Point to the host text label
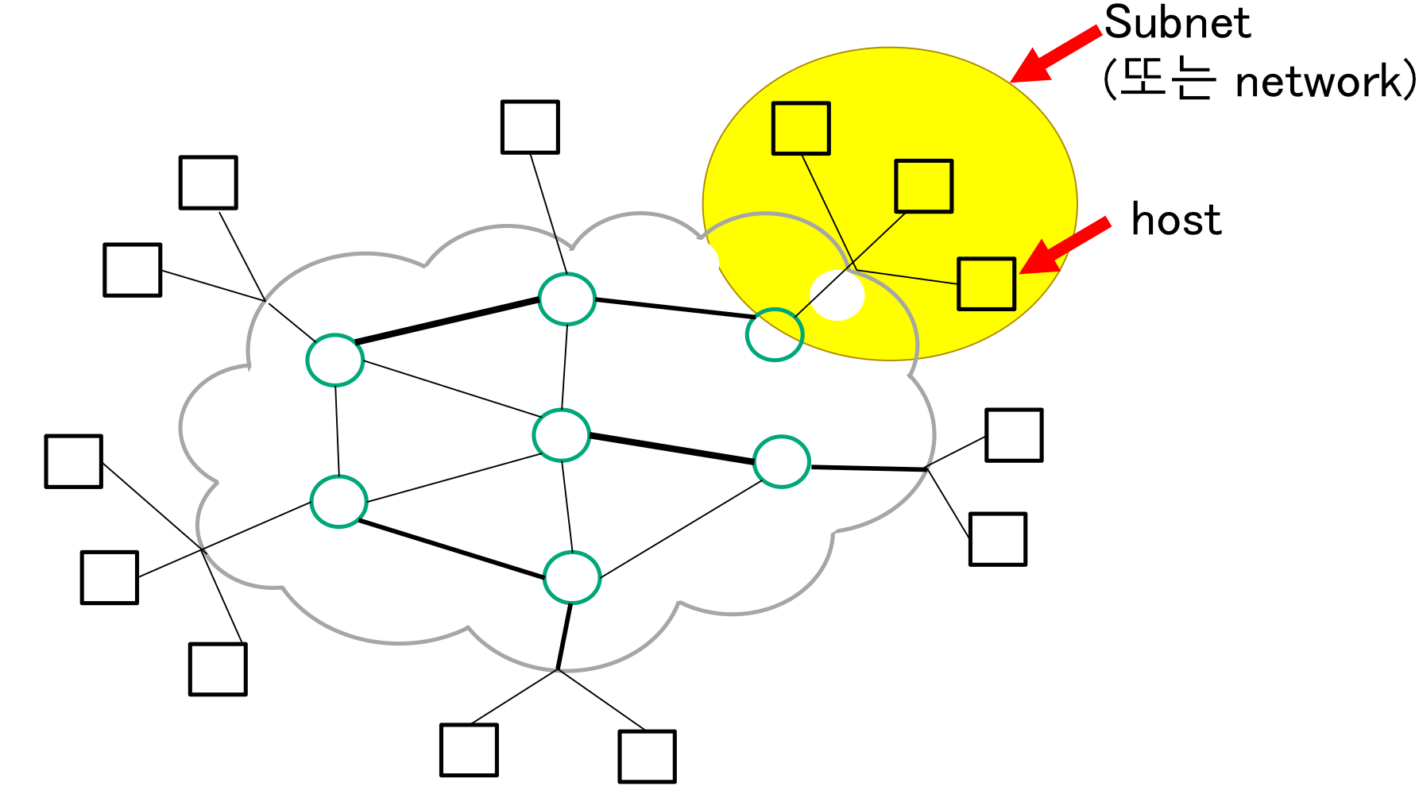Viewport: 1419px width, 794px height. (x=1176, y=219)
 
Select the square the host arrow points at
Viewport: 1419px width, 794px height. (x=986, y=283)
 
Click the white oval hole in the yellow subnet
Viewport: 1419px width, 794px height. (x=837, y=295)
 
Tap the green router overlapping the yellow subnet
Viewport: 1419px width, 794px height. (x=775, y=335)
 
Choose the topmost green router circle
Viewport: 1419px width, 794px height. (x=566, y=299)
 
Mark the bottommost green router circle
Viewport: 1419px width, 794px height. (x=572, y=577)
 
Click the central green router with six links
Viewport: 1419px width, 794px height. (x=562, y=435)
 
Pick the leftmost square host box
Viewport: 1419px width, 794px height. (x=74, y=461)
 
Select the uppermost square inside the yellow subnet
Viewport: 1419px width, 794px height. (x=801, y=128)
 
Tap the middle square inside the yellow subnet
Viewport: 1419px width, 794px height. (x=923, y=187)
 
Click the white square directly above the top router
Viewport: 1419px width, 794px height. (x=530, y=127)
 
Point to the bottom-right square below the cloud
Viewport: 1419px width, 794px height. (x=647, y=757)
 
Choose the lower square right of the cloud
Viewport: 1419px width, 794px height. (x=998, y=539)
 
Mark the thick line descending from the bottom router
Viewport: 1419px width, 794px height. (x=564, y=635)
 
